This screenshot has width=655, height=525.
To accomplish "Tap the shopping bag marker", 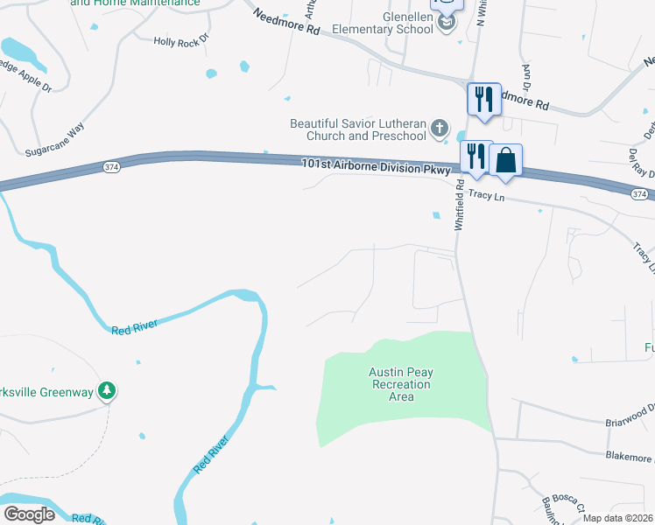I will pyautogui.click(x=505, y=160).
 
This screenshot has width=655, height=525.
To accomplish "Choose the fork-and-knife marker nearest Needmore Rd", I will pyautogui.click(x=483, y=99).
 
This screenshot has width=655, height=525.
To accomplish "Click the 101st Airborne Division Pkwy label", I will pyautogui.click(x=375, y=164).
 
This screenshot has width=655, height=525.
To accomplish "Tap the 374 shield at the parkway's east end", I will pyautogui.click(x=639, y=193).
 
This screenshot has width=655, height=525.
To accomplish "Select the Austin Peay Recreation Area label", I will pyautogui.click(x=400, y=384).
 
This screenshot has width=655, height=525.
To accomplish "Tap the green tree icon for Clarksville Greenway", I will pyautogui.click(x=107, y=390).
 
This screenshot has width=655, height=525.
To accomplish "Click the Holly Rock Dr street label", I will pyautogui.click(x=181, y=40).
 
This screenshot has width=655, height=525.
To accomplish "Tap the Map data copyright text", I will pyautogui.click(x=617, y=518).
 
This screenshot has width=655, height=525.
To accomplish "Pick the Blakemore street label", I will pyautogui.click(x=629, y=455).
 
